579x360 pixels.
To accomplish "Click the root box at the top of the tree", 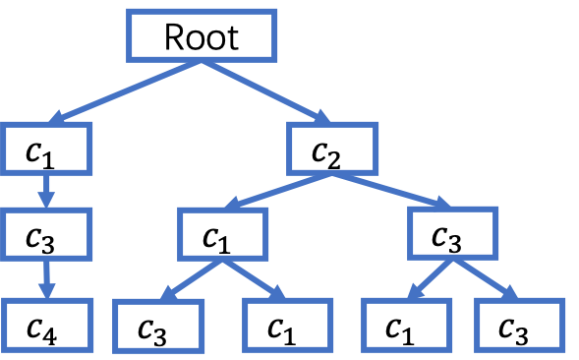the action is click(202, 35).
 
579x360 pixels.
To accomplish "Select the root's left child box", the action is click(47, 149).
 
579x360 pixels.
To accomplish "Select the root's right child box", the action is click(332, 149).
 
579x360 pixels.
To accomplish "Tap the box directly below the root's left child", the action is click(47, 234).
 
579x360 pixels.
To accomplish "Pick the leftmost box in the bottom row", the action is click(47, 325).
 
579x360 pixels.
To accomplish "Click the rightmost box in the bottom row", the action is click(519, 325).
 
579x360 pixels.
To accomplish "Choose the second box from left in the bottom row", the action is click(158, 326).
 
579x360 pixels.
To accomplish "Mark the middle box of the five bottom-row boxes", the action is click(288, 325).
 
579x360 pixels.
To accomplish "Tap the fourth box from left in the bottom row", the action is click(406, 325).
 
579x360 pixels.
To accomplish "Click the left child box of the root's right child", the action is click(223, 234).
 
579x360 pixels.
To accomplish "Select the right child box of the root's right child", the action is click(453, 233).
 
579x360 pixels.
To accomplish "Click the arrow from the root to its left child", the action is click(125, 91).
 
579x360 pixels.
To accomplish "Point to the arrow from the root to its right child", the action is click(266, 92).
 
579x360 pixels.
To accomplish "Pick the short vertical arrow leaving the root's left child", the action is click(46, 191).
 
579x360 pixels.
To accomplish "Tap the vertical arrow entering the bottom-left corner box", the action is click(46, 279).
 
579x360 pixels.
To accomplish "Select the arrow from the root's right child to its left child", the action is click(278, 191).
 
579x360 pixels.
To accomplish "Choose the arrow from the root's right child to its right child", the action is click(391, 191).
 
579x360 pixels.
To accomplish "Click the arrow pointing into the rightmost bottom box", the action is click(486, 279).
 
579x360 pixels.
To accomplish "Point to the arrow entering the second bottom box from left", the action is click(192, 279).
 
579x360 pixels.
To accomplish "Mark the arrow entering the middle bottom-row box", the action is click(255, 279).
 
